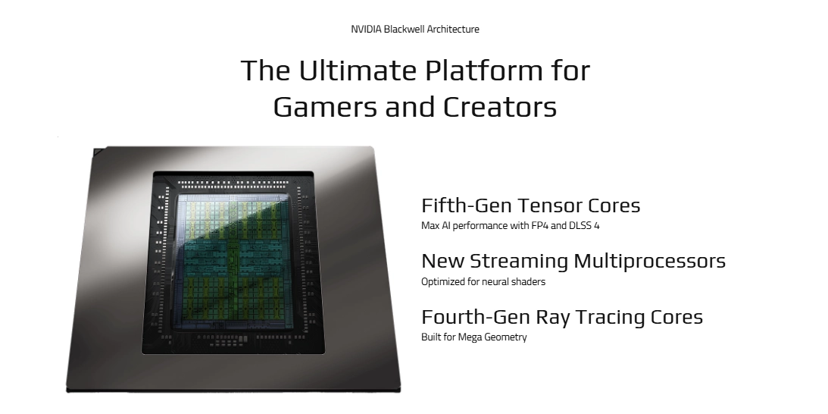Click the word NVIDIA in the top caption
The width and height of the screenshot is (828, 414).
pos(366,29)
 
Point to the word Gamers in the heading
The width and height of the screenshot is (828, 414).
pos(325,106)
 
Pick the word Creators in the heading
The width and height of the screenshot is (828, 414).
pos(499,106)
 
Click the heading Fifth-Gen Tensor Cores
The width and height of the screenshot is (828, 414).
pos(531,205)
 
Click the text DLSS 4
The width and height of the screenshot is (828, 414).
pos(584,226)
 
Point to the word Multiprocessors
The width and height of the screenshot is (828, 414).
pos(649,261)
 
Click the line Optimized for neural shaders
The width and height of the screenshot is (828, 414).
pos(483,282)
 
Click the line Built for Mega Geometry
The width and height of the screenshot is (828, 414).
pos(474,337)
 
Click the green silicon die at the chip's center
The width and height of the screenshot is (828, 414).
pos(233,257)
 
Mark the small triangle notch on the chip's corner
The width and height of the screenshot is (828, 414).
pos(98,152)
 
